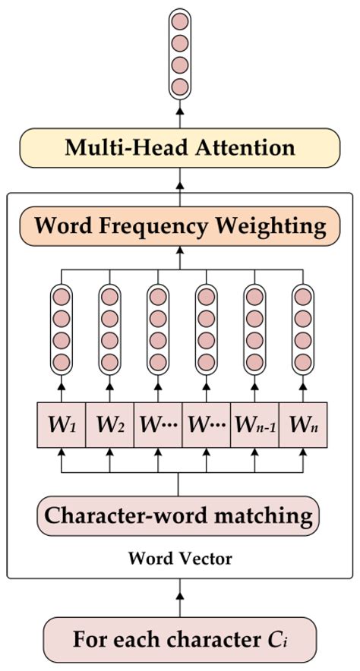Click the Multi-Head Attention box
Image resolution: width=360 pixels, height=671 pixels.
180,147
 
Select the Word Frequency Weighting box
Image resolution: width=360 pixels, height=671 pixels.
180,225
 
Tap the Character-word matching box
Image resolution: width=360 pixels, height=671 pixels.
179,515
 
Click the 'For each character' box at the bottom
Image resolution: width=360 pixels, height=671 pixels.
179,638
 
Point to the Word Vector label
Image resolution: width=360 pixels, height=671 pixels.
180,559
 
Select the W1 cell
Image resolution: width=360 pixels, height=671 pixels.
62,423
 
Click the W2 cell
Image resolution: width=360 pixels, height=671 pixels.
109,423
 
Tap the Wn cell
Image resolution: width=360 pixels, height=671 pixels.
302,423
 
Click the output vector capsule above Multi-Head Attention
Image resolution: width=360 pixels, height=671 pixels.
180,52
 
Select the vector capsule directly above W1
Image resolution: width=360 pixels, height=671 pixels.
62,328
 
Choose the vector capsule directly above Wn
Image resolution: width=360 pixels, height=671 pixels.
302,328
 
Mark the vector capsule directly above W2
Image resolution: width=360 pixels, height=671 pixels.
109,328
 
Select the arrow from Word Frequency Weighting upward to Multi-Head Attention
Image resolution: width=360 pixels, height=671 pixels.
180,184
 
